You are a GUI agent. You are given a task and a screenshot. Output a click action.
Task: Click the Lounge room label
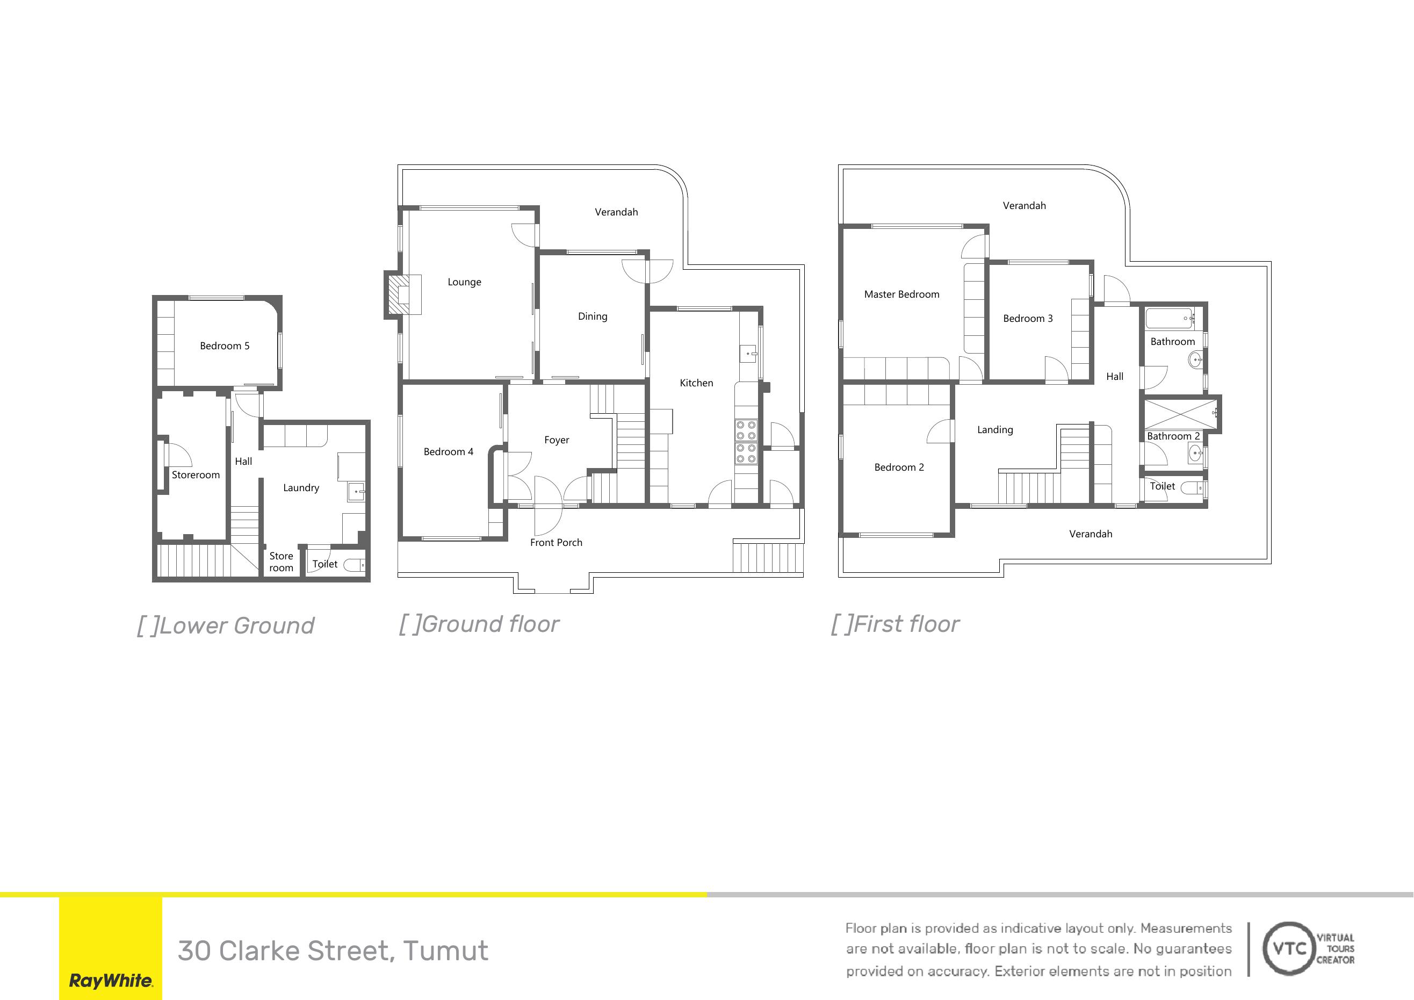point(464,282)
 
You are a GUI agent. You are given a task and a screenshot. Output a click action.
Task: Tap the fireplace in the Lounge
point(404,294)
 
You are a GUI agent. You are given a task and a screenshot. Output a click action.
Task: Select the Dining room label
point(593,316)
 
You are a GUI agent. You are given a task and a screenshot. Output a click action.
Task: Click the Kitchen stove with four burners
point(746,441)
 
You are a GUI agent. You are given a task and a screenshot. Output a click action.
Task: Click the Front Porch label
point(556,543)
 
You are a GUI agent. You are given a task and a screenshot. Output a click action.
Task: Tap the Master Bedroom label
point(901,294)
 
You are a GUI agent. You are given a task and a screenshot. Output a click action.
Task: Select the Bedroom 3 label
point(1028,319)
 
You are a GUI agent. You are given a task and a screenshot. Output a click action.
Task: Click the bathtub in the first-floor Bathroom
point(1170,319)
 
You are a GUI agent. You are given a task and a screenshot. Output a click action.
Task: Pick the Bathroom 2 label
point(1173,436)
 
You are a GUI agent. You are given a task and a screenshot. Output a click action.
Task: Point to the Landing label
point(994,430)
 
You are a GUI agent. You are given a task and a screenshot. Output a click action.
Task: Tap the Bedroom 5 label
point(225,346)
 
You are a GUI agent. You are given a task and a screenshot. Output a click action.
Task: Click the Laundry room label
point(301,488)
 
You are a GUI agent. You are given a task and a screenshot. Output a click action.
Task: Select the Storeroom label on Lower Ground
point(196,475)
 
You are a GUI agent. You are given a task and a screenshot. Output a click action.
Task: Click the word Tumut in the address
point(446,951)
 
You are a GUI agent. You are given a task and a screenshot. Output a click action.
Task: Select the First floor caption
point(895,625)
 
